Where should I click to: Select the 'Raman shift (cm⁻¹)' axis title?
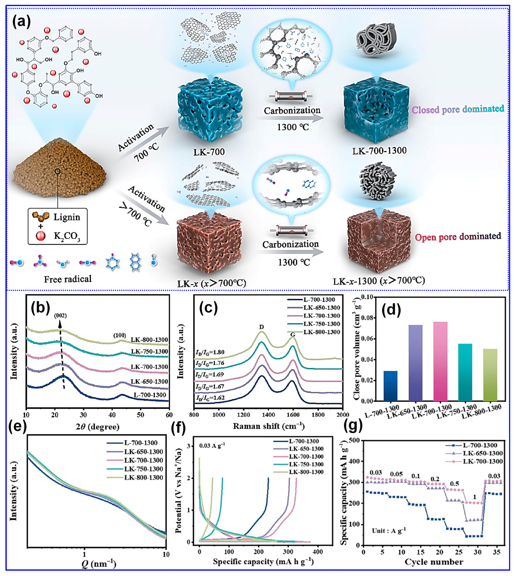pyautogui.click(x=269, y=426)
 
